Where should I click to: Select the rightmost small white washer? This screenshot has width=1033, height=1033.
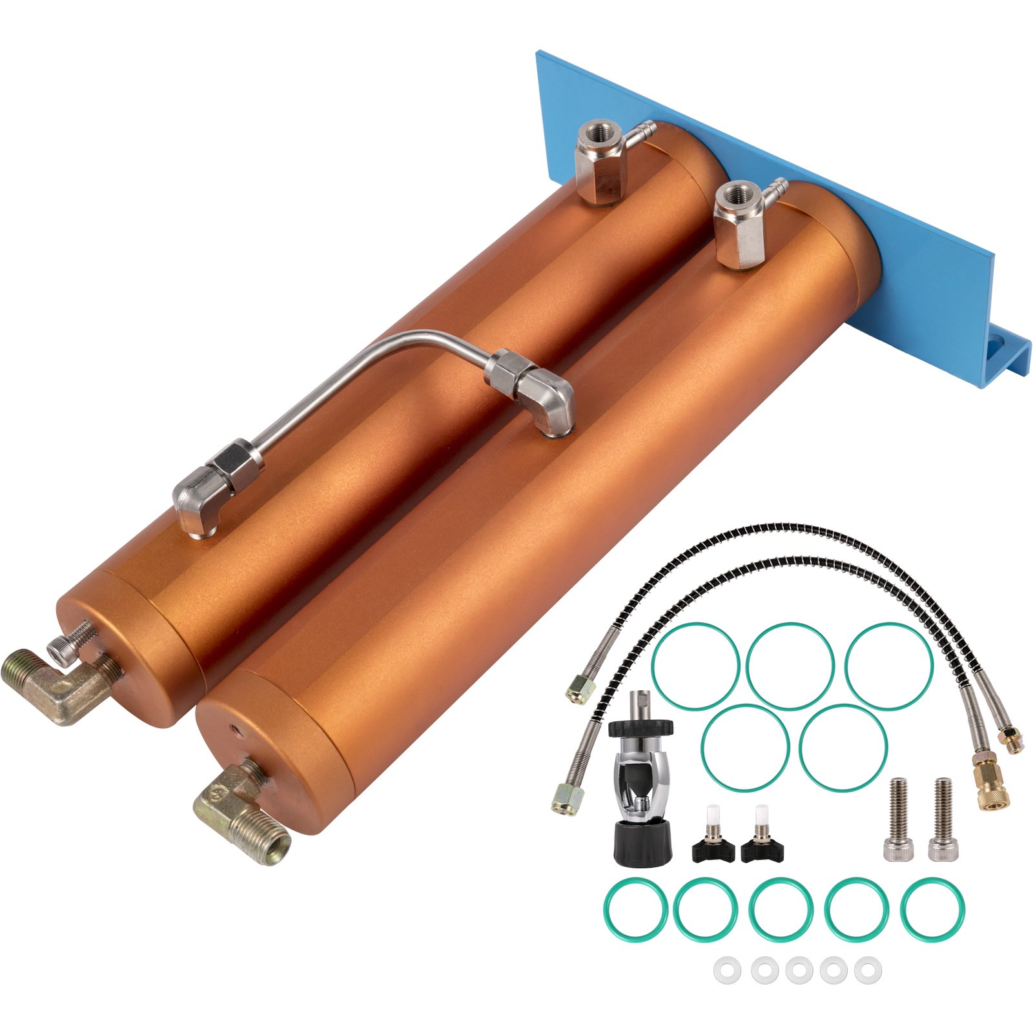[868, 969]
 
